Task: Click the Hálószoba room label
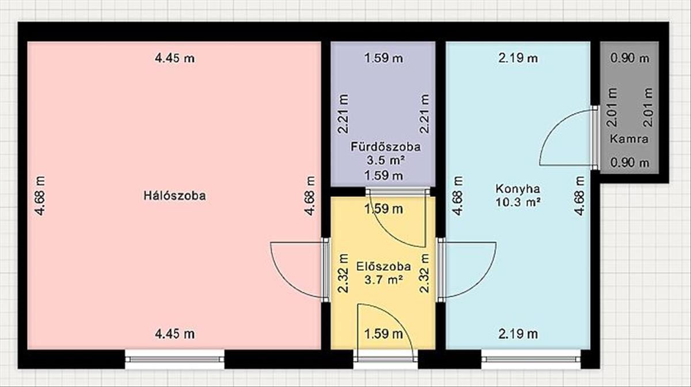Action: tap(174, 196)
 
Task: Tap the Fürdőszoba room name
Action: tap(386, 147)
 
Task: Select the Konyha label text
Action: tap(518, 189)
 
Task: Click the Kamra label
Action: tap(629, 139)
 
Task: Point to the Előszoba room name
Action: tap(384, 266)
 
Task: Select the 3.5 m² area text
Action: tap(386, 160)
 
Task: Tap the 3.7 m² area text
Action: tap(384, 280)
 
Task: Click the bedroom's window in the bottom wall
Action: tap(174, 359)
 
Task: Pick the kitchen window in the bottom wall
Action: tap(531, 359)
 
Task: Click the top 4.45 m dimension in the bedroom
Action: tap(174, 58)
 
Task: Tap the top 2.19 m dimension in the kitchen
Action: tap(518, 58)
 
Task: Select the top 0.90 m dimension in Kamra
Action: tap(629, 58)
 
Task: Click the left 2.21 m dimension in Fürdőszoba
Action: tap(343, 114)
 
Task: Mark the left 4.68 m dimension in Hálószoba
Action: tap(40, 196)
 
